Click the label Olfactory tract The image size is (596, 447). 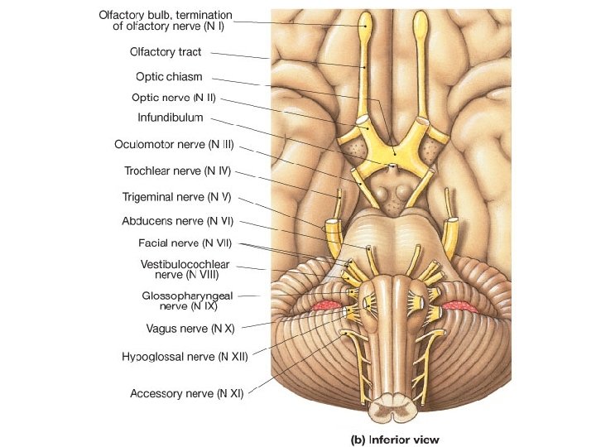coord(166,52)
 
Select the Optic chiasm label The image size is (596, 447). coord(169,76)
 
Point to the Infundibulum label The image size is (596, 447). coord(171,118)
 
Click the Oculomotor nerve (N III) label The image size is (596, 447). coord(174,145)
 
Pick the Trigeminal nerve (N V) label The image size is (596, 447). coord(175,198)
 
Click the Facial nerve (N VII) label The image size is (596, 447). coord(185,243)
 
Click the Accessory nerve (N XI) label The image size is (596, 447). coord(186,394)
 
